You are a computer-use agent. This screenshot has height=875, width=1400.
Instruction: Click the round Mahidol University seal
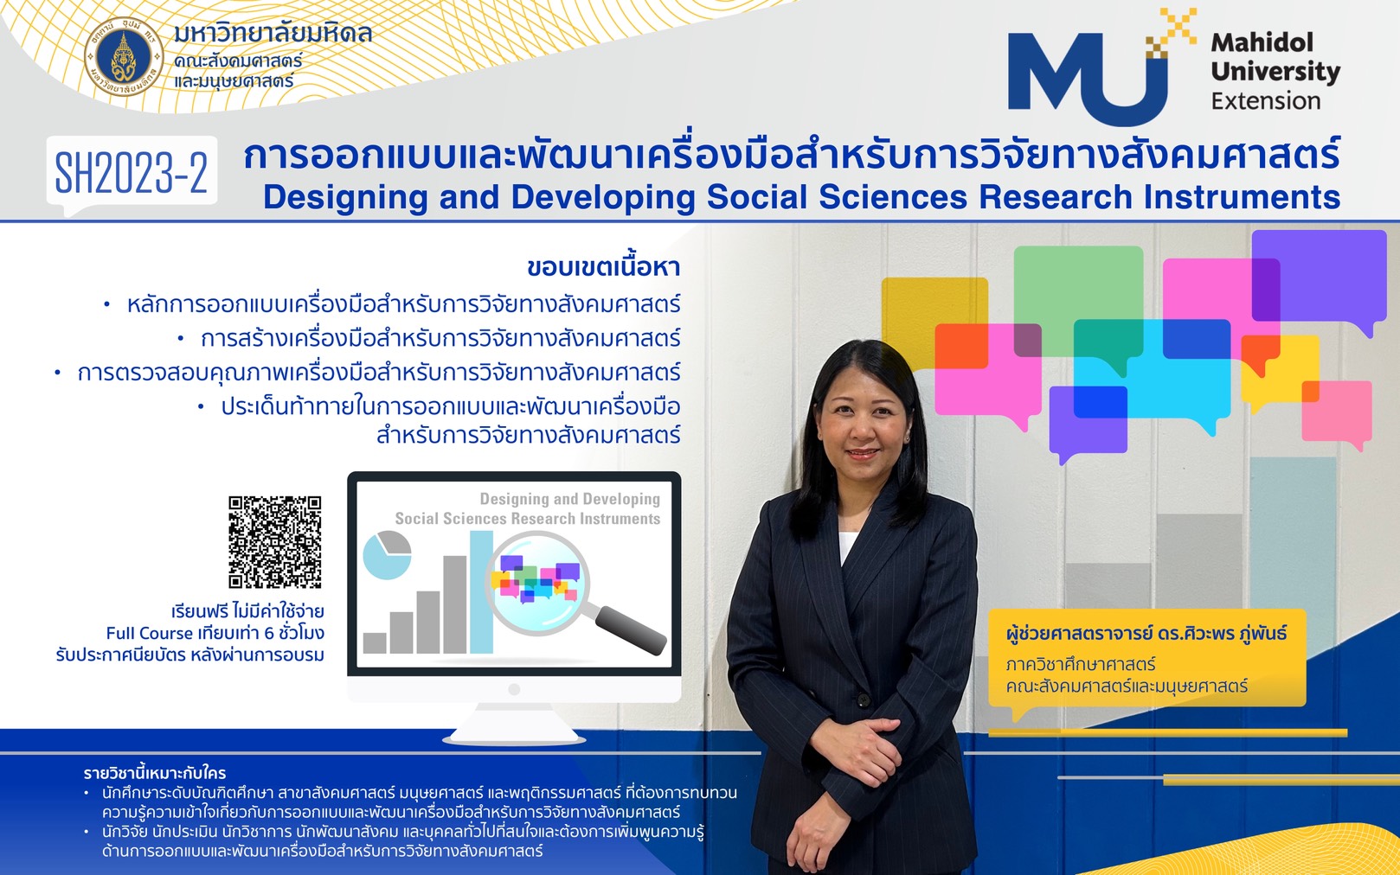point(124,57)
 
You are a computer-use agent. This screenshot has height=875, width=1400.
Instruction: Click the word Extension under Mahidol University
point(1266,100)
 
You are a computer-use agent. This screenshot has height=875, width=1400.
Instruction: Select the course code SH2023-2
point(132,172)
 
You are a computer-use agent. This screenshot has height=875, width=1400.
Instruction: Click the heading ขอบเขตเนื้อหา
point(603,267)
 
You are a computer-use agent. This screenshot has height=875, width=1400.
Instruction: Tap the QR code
point(275,542)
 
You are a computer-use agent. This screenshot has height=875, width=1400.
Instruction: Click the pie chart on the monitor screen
point(387,554)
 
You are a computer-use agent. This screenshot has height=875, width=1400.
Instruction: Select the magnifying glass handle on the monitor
point(630,629)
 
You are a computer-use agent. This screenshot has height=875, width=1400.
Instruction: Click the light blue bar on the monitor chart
point(481,592)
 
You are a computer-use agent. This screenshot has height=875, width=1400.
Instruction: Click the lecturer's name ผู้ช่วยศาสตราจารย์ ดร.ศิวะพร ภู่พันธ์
point(1146,633)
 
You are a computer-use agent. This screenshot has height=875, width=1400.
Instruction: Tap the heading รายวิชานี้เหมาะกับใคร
point(155,773)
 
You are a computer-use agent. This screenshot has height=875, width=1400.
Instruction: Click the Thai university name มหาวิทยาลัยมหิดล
point(273,33)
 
